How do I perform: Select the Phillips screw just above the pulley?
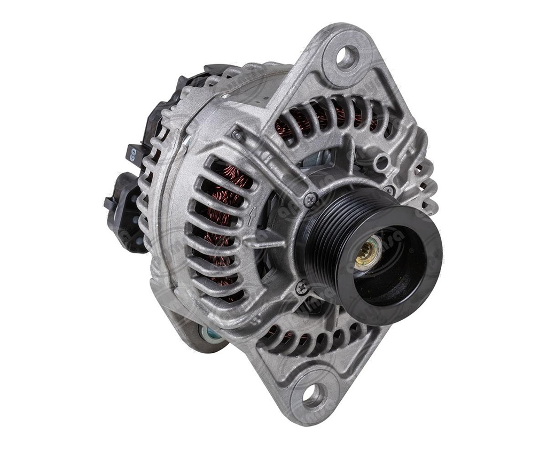(310, 200)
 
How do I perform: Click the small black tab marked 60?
(133, 154)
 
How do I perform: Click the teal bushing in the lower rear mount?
(211, 335)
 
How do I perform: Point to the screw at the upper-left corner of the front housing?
(237, 135)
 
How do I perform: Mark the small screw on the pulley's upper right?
(389, 189)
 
